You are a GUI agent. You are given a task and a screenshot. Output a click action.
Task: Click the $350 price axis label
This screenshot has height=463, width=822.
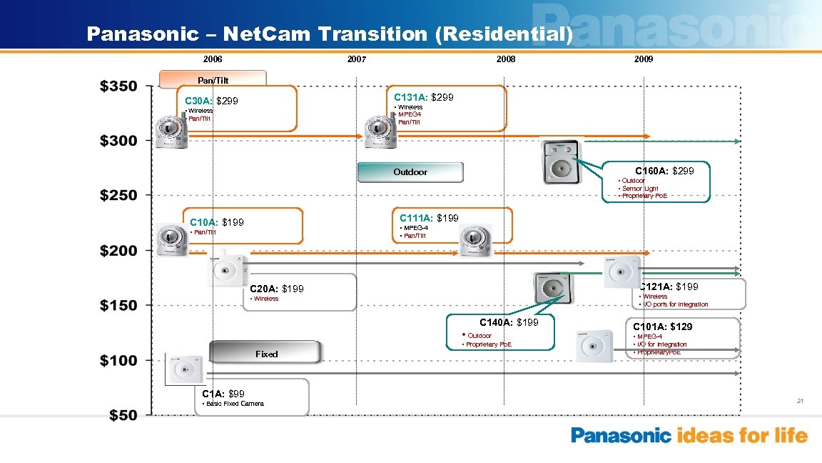click(x=119, y=86)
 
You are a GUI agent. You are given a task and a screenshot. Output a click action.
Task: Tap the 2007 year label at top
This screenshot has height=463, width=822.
click(x=356, y=59)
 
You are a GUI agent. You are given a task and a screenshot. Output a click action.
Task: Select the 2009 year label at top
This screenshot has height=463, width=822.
click(x=643, y=59)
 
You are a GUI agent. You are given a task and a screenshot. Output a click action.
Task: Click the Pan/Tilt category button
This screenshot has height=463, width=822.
click(x=213, y=79)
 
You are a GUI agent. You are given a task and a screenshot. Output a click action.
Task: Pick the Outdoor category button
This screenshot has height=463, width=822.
click(x=410, y=172)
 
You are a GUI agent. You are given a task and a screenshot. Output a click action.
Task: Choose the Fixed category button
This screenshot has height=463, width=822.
click(x=266, y=354)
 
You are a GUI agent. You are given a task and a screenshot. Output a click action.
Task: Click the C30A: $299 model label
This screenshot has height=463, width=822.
click(x=211, y=101)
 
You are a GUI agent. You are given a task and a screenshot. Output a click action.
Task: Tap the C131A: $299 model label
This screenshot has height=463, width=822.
click(x=423, y=96)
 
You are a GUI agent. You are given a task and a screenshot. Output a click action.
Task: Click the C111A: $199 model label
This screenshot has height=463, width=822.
click(x=429, y=218)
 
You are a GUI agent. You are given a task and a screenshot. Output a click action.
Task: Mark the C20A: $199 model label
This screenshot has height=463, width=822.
click(x=277, y=289)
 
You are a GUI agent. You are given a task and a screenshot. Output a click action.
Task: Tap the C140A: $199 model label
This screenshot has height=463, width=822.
click(x=509, y=323)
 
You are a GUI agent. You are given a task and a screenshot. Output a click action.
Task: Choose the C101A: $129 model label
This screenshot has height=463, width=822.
click(x=662, y=327)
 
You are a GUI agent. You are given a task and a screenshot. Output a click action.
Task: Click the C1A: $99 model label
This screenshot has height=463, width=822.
click(x=223, y=394)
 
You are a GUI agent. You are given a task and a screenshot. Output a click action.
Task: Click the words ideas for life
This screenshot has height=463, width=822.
click(x=742, y=436)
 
